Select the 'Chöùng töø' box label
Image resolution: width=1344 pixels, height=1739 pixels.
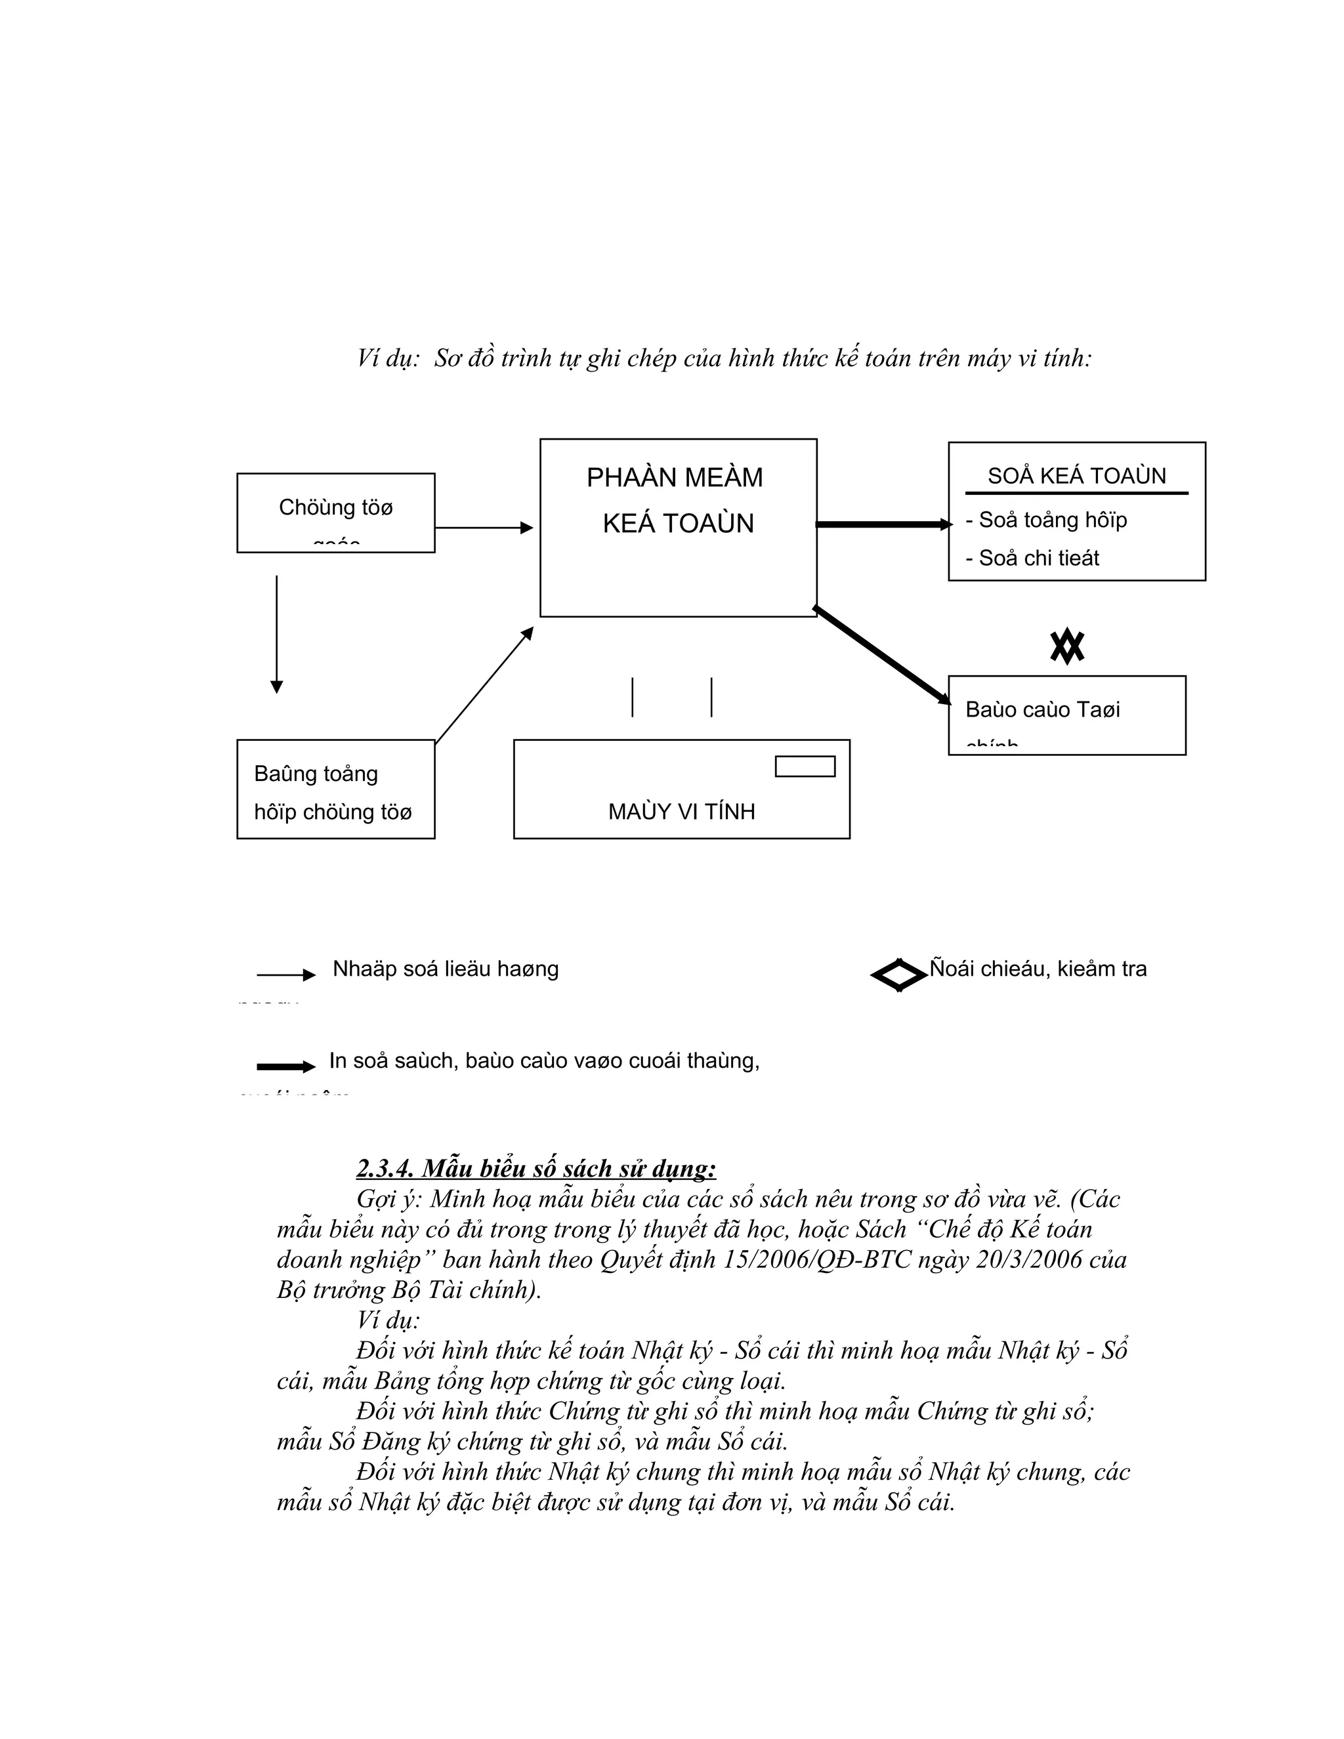(335, 507)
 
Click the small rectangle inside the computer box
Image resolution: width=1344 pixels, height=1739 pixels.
(805, 766)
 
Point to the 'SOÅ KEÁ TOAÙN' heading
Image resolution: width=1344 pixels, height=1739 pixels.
(1076, 476)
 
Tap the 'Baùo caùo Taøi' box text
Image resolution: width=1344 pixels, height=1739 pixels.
(1042, 709)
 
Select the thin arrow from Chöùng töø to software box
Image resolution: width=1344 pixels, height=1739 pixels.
(483, 527)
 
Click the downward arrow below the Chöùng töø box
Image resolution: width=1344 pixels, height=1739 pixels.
(276, 634)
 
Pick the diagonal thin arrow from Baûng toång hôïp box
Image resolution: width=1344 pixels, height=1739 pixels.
(483, 686)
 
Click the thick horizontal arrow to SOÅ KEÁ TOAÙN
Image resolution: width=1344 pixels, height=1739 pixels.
(883, 524)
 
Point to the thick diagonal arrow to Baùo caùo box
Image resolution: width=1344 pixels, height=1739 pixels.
(882, 656)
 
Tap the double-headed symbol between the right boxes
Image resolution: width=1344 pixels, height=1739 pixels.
(1067, 646)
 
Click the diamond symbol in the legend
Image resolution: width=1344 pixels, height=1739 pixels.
(899, 974)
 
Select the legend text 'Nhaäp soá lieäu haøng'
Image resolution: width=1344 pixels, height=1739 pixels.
(445, 969)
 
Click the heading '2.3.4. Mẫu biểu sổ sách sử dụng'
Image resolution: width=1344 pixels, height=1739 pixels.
(536, 1168)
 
